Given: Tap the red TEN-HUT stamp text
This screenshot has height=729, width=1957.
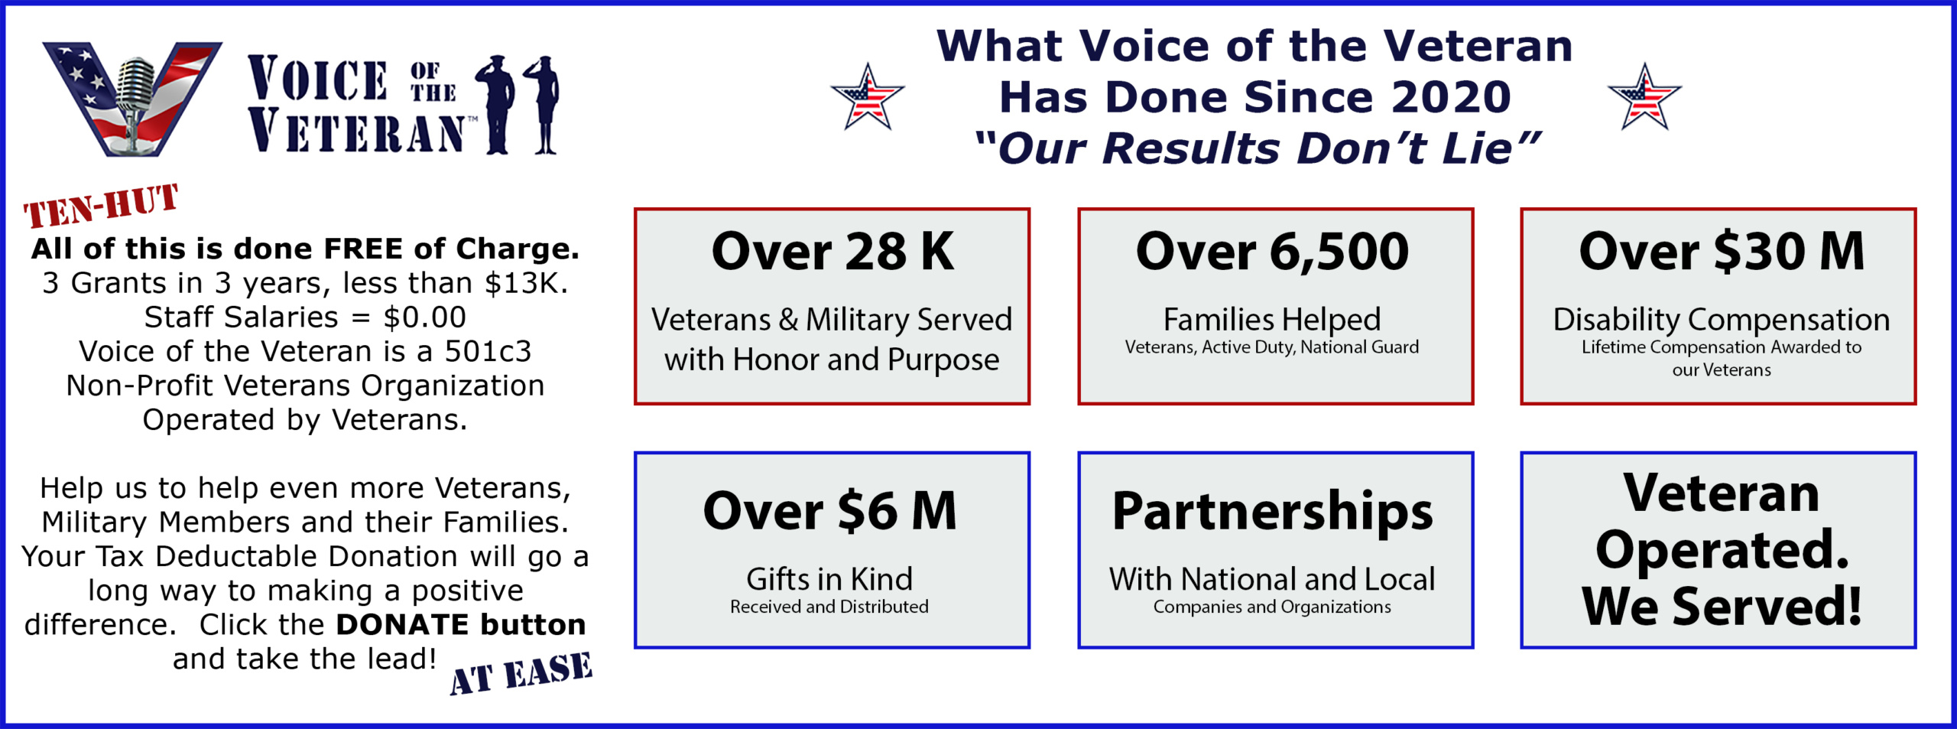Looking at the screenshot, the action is pyautogui.click(x=101, y=205).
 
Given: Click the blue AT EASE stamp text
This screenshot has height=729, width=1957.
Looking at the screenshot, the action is pyautogui.click(x=521, y=673).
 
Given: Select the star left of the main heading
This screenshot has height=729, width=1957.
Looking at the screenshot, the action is pyautogui.click(x=868, y=97).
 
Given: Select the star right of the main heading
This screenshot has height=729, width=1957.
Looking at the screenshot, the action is pyautogui.click(x=1644, y=97).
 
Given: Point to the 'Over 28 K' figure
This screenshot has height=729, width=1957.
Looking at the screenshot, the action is pyautogui.click(x=832, y=251).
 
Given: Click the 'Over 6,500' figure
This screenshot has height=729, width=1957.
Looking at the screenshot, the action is pyautogui.click(x=1273, y=251).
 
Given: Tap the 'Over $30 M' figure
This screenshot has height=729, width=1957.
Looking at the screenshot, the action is pyautogui.click(x=1722, y=251).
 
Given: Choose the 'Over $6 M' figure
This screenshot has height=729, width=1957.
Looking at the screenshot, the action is pyautogui.click(x=830, y=511).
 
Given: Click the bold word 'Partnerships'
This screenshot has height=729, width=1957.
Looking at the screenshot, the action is pyautogui.click(x=1273, y=513).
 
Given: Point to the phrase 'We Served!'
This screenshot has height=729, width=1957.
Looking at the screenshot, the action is pyautogui.click(x=1722, y=606).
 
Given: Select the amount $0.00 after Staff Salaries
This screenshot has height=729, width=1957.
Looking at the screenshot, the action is pyautogui.click(x=425, y=317).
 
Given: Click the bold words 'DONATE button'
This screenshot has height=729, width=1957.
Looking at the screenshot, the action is pyautogui.click(x=461, y=625).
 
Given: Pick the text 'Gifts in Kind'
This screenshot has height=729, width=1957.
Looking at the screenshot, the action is pyautogui.click(x=829, y=579).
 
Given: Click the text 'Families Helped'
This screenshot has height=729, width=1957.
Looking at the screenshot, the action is pyautogui.click(x=1272, y=320).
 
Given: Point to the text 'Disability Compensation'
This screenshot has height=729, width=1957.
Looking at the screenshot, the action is pyautogui.click(x=1722, y=320).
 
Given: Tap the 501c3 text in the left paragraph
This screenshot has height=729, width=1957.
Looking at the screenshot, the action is pyautogui.click(x=488, y=351).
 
